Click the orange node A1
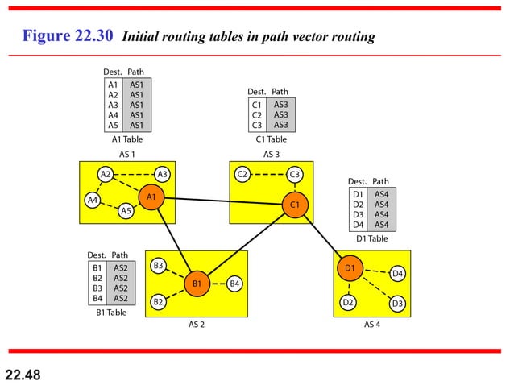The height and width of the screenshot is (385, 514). (151, 196)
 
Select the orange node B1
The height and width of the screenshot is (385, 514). (197, 283)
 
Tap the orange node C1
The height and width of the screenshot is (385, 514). (295, 205)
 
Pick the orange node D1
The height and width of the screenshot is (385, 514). (350, 267)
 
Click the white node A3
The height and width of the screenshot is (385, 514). (162, 173)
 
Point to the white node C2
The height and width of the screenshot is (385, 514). (242, 174)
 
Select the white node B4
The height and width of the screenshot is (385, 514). (234, 283)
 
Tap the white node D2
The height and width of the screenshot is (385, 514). (348, 303)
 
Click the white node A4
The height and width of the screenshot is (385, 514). (93, 199)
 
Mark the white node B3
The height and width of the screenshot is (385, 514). (159, 265)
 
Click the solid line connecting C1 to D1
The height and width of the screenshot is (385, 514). (322, 236)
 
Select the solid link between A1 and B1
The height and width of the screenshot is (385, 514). (173, 239)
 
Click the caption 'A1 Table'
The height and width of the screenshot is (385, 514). (127, 139)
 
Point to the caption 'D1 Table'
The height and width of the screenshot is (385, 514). (371, 238)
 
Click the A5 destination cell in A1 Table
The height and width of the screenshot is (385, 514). (113, 125)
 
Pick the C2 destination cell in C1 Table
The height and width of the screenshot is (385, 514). (256, 114)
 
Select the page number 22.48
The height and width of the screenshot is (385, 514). (22, 374)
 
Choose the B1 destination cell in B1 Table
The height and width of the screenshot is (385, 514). (97, 267)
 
